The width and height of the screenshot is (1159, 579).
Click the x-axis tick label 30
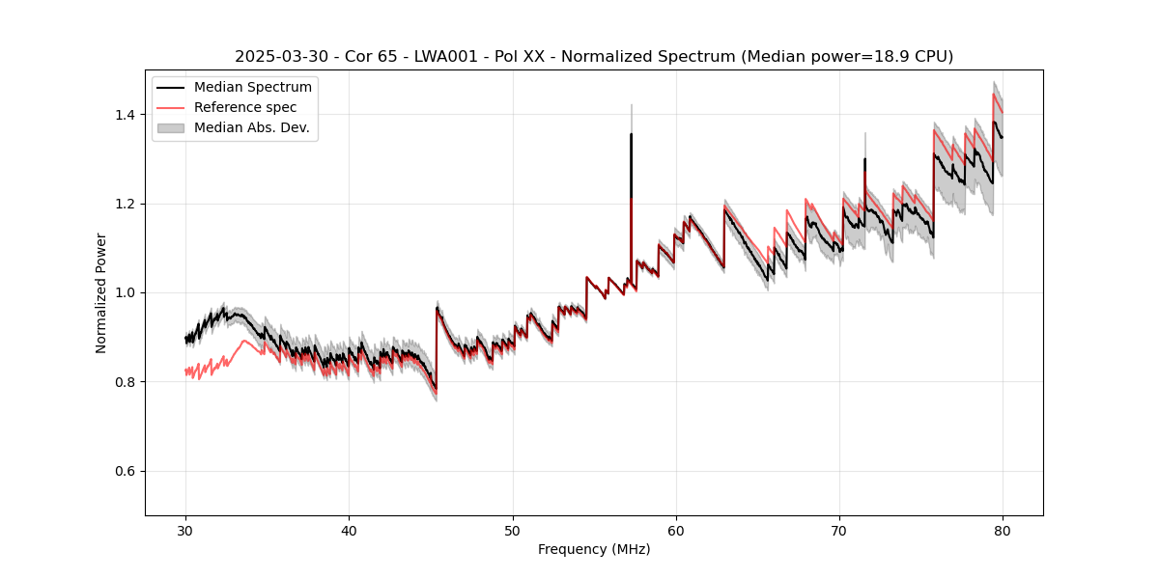pyautogui.click(x=185, y=530)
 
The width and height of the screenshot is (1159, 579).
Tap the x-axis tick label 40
pyautogui.click(x=349, y=530)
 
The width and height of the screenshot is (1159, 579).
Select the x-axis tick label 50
pyautogui.click(x=513, y=530)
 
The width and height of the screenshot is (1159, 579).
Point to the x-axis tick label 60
pyautogui.click(x=676, y=530)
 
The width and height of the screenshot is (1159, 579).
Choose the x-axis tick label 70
pyautogui.click(x=839, y=530)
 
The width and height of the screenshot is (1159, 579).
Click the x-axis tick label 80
pyautogui.click(x=1003, y=530)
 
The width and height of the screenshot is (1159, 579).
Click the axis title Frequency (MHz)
pyautogui.click(x=594, y=549)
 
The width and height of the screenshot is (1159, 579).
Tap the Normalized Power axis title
pyautogui.click(x=100, y=292)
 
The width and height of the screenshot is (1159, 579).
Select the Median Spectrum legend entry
pyautogui.click(x=252, y=88)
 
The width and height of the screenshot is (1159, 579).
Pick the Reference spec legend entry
pyautogui.click(x=244, y=107)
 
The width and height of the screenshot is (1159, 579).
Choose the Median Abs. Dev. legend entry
pyautogui.click(x=251, y=127)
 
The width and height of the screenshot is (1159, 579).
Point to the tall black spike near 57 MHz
pyautogui.click(x=631, y=164)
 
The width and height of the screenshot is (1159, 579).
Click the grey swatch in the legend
pyautogui.click(x=173, y=127)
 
